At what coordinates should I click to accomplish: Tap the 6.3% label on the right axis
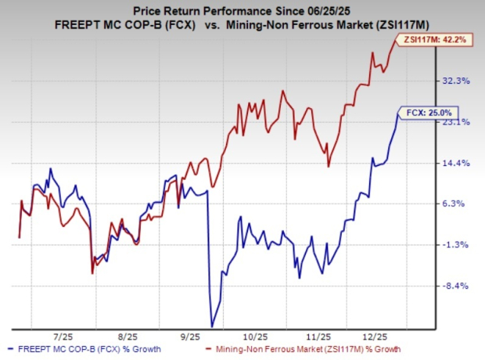(x=457, y=203)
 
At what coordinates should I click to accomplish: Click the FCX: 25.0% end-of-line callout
(x=427, y=112)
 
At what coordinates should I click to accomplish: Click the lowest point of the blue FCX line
(x=212, y=326)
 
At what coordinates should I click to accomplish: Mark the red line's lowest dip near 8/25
(x=92, y=272)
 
